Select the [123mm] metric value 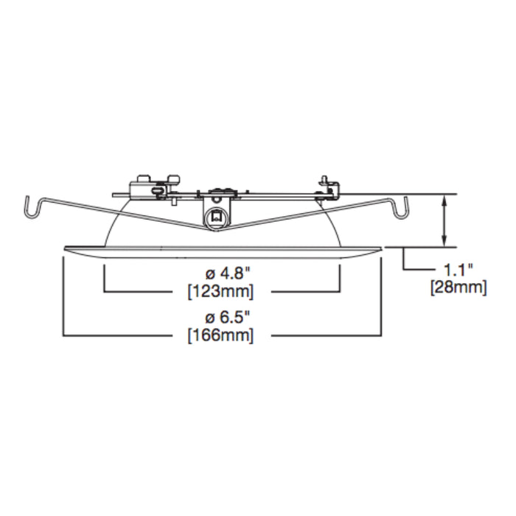tap(221, 292)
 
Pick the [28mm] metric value tap(458, 287)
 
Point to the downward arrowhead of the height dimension tap(444, 241)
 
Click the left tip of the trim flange tap(64, 248)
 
